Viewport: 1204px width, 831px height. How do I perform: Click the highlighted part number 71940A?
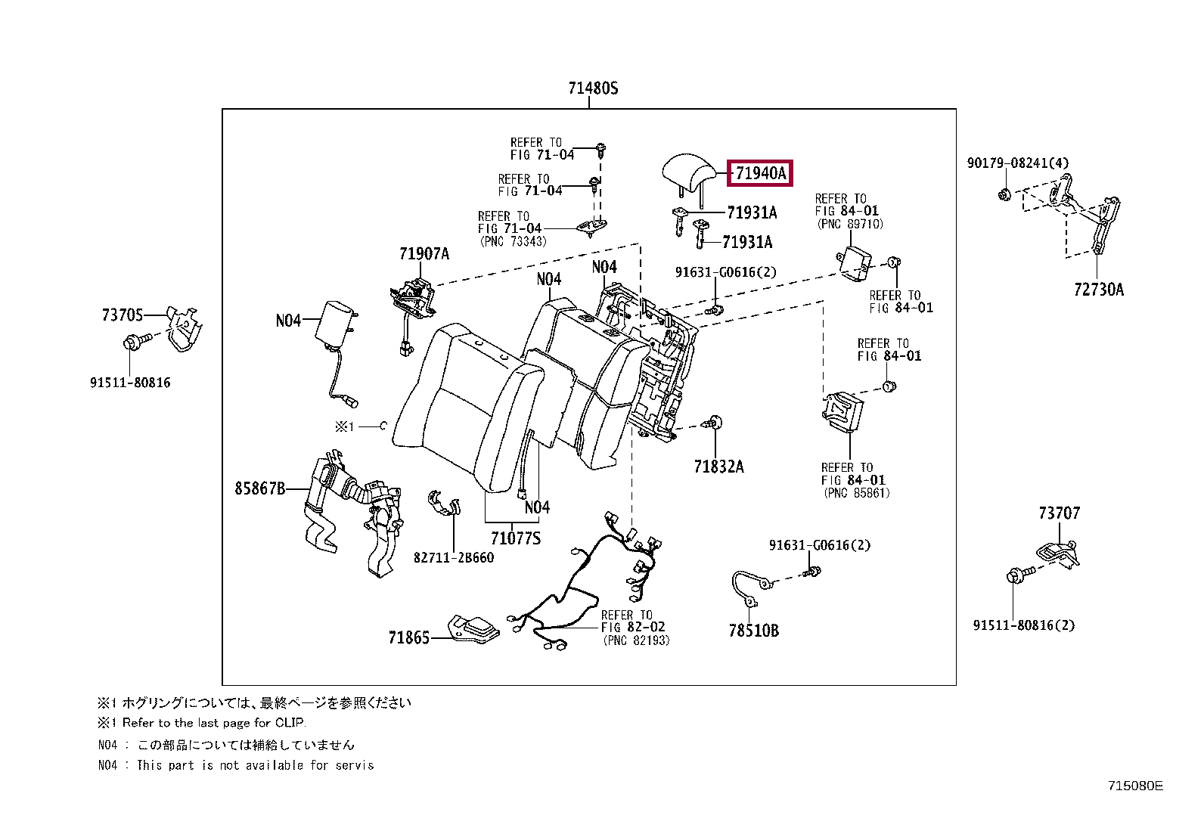760,173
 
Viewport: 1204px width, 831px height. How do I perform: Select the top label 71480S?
593,88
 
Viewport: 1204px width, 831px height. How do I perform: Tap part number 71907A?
424,254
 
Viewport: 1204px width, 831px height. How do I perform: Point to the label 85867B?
259,488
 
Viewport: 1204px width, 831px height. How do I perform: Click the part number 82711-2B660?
453,558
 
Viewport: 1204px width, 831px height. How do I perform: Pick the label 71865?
408,638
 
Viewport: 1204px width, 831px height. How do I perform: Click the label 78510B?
753,631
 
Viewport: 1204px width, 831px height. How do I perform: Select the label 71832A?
718,467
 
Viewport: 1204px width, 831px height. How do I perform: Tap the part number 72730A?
1098,290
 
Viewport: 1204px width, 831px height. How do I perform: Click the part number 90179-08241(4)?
1017,163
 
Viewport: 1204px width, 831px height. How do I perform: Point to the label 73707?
1059,513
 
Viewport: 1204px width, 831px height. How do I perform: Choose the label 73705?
123,315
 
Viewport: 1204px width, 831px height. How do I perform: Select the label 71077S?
515,538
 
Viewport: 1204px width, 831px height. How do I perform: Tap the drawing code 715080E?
1134,786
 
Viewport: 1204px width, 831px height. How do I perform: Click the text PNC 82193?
636,640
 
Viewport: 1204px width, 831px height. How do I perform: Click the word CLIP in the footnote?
290,723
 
